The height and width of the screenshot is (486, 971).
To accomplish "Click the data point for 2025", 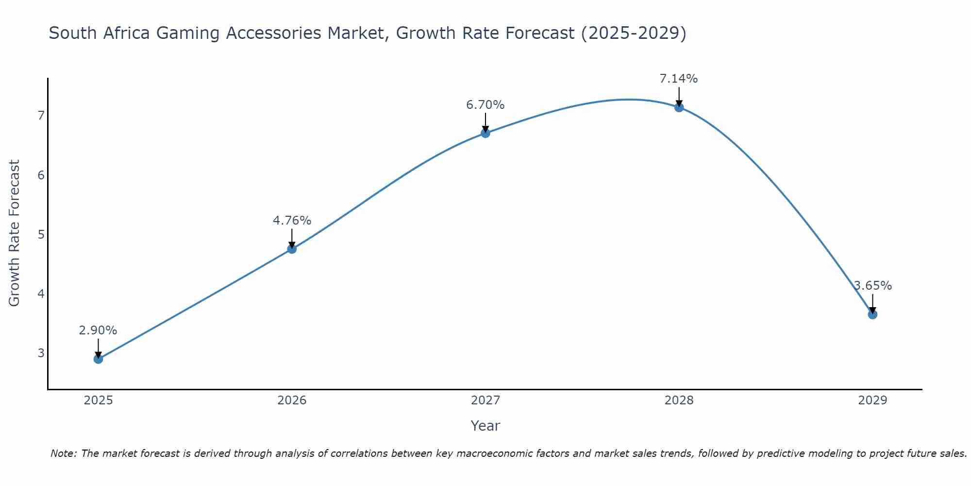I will coord(98,359).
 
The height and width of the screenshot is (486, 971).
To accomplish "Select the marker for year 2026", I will coord(292,249).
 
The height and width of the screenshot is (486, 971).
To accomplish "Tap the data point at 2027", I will coord(485,133).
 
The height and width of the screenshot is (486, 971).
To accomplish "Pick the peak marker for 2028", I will coord(679,107).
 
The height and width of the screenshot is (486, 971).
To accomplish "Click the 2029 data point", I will coord(872,314).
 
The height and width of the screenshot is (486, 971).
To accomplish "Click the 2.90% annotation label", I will coord(98,330).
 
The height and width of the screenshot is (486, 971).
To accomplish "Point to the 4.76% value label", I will coord(292,221).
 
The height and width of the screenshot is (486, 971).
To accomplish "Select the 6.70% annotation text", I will coord(485,105).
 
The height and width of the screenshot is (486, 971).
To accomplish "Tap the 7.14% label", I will coord(679,79).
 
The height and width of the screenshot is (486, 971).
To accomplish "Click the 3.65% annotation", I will coord(872,286).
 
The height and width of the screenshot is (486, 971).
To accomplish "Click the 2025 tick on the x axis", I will coord(98,400).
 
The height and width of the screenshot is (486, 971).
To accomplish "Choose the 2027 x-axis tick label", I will coord(485,400).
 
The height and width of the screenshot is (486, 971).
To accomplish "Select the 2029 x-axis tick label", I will coord(872,400).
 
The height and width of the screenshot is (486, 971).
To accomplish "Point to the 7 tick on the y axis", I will coord(41,116).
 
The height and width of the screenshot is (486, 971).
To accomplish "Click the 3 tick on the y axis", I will coord(41,353).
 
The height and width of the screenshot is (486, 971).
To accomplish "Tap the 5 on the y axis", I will coord(41,235).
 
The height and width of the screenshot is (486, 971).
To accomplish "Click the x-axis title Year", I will coord(485,426).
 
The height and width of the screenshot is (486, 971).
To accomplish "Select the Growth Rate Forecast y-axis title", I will coord(15,233).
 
